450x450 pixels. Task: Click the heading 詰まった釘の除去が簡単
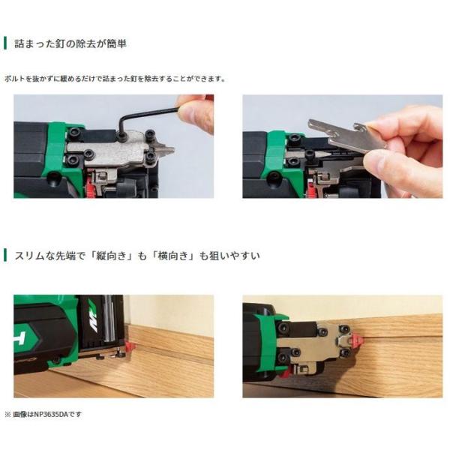pos(70,44)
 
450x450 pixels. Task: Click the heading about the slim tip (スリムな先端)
pos(137,256)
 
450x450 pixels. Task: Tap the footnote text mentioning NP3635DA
pos(43,414)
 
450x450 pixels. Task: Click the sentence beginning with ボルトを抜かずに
pos(115,79)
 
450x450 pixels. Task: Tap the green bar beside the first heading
pos(5,43)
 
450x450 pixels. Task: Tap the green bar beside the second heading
pos(5,255)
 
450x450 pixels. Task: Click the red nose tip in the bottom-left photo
pos(130,347)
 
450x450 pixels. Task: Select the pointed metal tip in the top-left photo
pos(166,149)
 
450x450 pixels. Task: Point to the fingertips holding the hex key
pos(195,113)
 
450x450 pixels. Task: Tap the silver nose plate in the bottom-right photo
pos(316,341)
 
